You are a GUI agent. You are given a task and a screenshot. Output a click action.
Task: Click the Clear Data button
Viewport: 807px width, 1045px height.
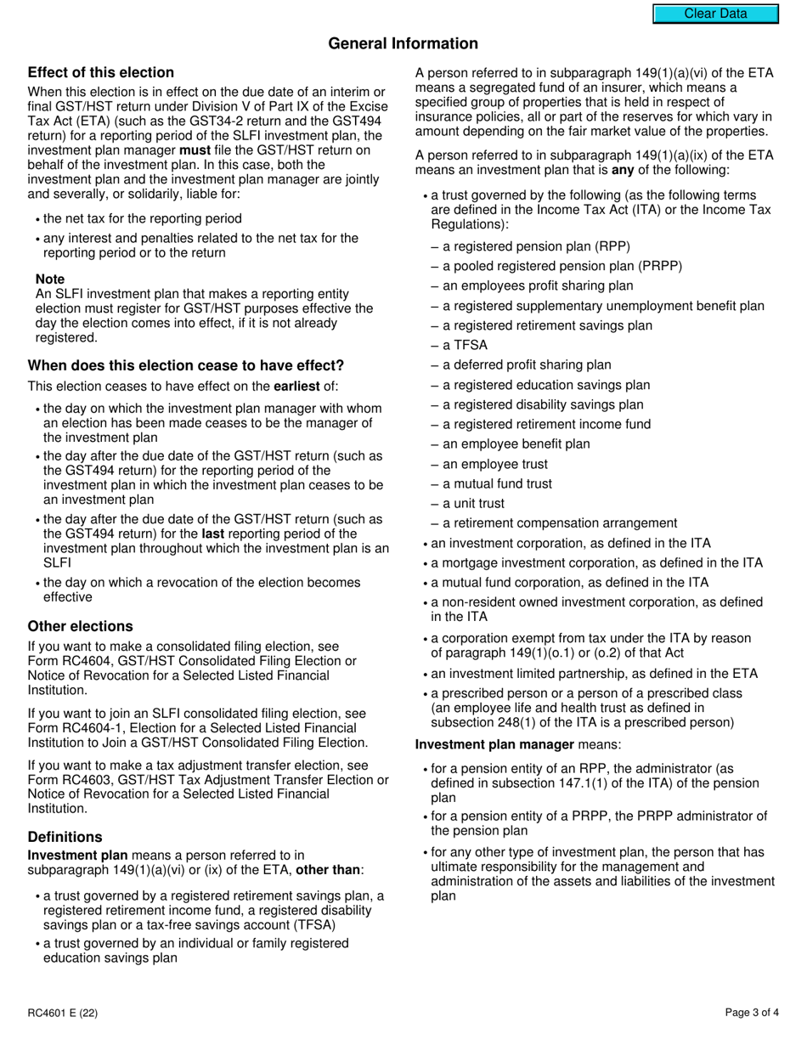[715, 14]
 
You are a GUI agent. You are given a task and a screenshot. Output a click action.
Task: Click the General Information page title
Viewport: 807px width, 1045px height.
[403, 43]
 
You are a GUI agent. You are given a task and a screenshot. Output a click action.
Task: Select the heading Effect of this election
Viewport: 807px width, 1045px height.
[100, 72]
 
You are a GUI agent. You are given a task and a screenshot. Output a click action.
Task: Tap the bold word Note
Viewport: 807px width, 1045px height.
[50, 279]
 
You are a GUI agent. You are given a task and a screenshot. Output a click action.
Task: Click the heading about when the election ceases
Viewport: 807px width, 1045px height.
[186, 365]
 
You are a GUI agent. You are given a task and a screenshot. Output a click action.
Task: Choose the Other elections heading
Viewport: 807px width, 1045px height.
[80, 626]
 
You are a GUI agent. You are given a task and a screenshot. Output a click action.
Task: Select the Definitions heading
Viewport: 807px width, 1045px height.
[65, 837]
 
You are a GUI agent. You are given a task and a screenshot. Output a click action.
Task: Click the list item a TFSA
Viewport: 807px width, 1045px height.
[460, 345]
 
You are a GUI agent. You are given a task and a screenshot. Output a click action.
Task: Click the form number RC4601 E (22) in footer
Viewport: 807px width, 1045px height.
[67, 1012]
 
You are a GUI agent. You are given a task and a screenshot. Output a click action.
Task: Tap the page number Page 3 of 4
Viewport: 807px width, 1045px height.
[752, 1012]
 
